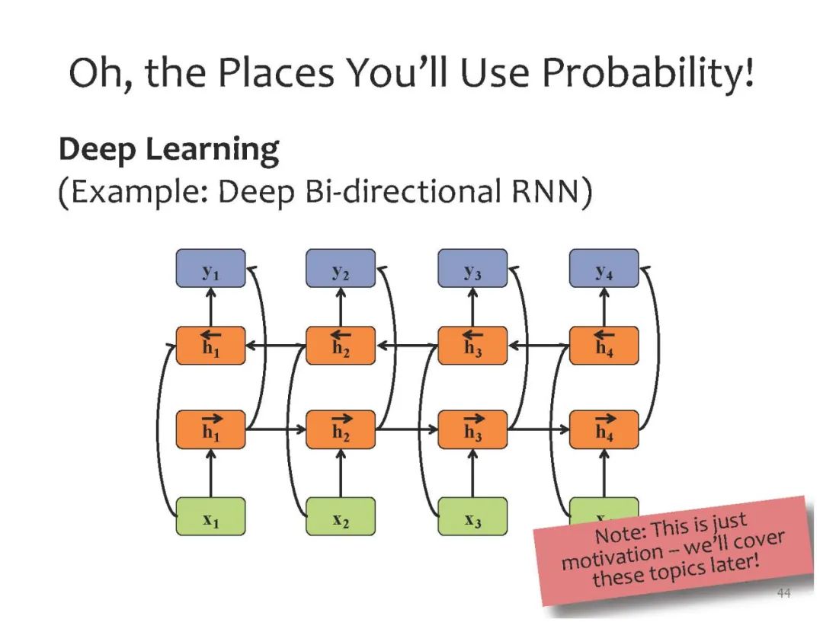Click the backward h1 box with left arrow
pyautogui.click(x=211, y=346)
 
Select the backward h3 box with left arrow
pyautogui.click(x=472, y=346)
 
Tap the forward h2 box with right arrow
pyautogui.click(x=341, y=429)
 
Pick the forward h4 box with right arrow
pyautogui.click(x=604, y=429)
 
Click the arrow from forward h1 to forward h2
pyautogui.click(x=275, y=429)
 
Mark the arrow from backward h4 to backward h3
pyautogui.click(x=538, y=346)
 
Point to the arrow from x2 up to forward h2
pyautogui.click(x=341, y=473)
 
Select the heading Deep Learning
pyautogui.click(x=168, y=150)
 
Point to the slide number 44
pyautogui.click(x=783, y=593)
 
